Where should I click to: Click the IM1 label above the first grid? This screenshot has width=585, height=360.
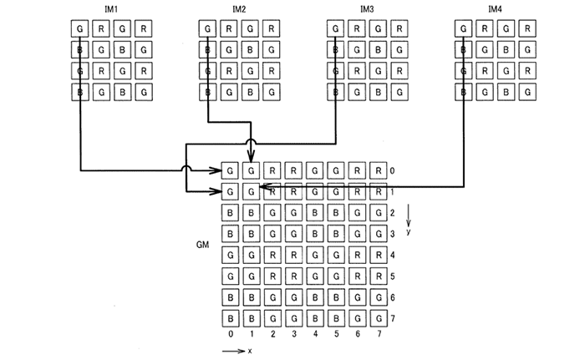point(111,9)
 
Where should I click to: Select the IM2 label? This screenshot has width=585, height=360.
point(239,9)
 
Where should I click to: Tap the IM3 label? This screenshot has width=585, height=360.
point(366,9)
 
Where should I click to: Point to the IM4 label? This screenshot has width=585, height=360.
point(494,9)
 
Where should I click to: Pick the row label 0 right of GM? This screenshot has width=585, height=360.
point(393,170)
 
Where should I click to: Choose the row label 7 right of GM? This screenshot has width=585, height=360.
point(393,319)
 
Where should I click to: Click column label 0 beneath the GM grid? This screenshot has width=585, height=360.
point(231,334)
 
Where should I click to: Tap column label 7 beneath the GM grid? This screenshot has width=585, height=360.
point(379,334)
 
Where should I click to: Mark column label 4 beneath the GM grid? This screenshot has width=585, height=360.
point(315,334)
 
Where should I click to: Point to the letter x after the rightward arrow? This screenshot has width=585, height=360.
point(249,352)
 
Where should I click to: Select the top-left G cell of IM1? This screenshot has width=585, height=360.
point(80,29)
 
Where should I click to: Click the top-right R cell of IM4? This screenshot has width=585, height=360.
point(526,29)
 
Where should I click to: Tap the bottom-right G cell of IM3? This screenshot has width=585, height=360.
point(399,89)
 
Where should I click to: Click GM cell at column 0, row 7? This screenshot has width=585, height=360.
point(231,319)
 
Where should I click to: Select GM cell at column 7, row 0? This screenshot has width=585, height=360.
point(379,170)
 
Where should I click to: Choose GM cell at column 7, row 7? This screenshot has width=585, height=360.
point(379,319)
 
